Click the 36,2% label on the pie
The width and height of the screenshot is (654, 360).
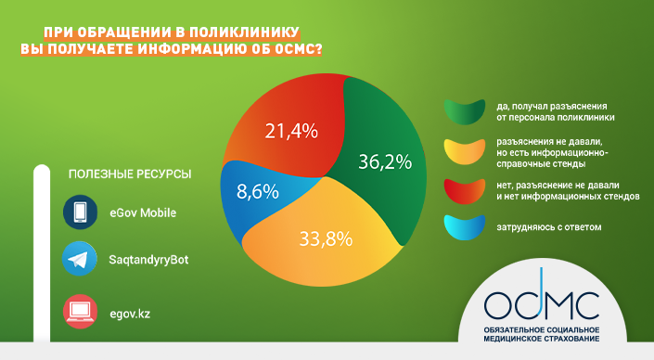point(385,161)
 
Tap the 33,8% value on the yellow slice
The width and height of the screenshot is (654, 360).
point(326,239)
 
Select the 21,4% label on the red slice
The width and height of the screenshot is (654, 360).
point(291,132)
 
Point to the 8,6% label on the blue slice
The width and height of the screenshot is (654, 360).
point(257,192)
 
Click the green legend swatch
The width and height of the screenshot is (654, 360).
point(465,111)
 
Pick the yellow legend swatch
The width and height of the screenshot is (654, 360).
point(465,152)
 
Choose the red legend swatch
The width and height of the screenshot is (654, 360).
point(465,191)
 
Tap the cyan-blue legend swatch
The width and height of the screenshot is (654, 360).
point(465,227)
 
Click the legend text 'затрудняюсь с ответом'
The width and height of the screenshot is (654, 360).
point(549,227)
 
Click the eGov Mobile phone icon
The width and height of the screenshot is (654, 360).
point(80,212)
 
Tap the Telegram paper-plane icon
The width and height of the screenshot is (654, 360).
point(79,259)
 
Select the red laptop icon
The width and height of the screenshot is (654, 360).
point(80,312)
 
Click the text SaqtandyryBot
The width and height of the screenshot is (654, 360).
point(148,260)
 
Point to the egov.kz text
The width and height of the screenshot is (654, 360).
point(130,314)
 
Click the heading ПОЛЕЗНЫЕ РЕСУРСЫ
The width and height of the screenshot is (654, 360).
point(130,174)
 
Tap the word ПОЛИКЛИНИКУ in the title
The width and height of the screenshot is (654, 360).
point(244,32)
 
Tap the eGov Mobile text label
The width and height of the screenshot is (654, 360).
point(143,212)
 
